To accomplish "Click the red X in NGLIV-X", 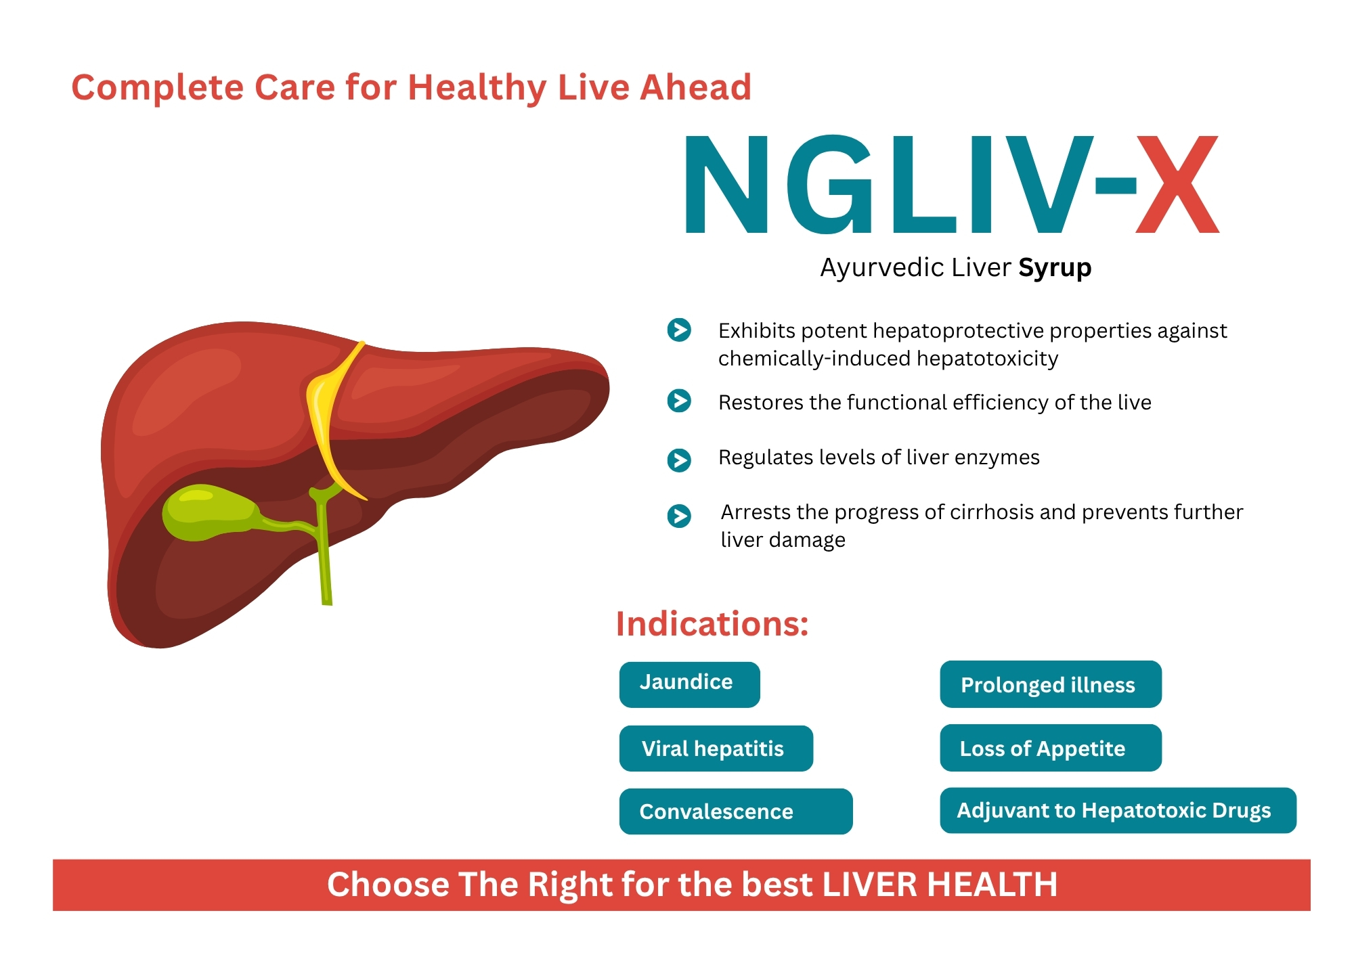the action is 1177,184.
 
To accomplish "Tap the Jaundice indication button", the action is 689,684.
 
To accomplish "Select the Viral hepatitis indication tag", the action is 716,748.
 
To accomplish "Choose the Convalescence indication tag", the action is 735,811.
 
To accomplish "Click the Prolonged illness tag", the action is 1051,684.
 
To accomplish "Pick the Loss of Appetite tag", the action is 1051,748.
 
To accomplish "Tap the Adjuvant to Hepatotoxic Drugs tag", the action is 1118,810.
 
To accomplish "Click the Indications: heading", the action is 712,623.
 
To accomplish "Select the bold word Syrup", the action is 1055,268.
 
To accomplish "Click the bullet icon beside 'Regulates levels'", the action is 679,460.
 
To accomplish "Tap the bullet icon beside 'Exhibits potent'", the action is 679,330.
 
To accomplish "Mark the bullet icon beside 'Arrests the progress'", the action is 679,516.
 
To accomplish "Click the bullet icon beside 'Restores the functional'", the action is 679,401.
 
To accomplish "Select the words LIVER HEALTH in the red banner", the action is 940,885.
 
